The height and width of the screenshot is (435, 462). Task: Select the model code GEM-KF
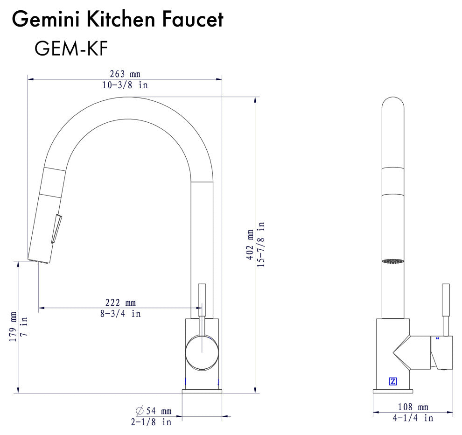click(71, 48)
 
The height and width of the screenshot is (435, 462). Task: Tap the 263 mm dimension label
click(125, 74)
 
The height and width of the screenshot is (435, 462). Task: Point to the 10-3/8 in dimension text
click(125, 85)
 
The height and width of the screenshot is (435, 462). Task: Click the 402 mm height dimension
click(250, 245)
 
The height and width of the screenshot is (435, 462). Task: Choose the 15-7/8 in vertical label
click(261, 245)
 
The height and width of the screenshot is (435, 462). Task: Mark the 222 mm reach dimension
click(120, 303)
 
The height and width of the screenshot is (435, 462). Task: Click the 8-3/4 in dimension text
click(120, 314)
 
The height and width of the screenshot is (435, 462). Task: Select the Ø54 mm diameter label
click(154, 411)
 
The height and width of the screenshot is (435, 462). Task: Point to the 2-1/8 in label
click(150, 422)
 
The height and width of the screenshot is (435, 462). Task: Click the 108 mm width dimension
click(413, 407)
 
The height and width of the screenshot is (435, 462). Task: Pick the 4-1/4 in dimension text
click(413, 418)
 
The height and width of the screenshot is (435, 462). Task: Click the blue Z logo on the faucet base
click(392, 381)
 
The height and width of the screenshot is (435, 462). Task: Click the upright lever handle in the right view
click(446, 308)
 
